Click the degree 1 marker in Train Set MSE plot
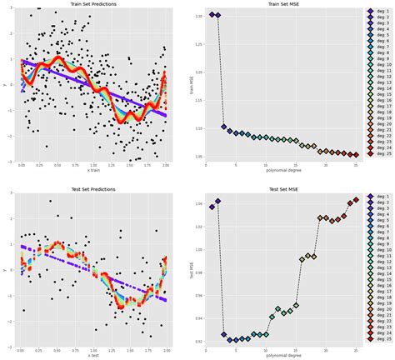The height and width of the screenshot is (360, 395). (x=212, y=15)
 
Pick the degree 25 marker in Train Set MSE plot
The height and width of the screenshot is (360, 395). (x=355, y=154)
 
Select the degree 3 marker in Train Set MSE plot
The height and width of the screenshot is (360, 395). (x=224, y=127)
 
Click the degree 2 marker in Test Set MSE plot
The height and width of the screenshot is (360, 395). (x=218, y=201)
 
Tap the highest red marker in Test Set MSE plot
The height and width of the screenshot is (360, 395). (x=355, y=200)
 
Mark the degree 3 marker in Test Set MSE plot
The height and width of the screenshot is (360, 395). (x=224, y=335)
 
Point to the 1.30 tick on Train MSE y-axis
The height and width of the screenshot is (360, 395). (x=198, y=15)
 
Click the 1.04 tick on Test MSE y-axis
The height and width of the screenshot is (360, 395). (x=198, y=202)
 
